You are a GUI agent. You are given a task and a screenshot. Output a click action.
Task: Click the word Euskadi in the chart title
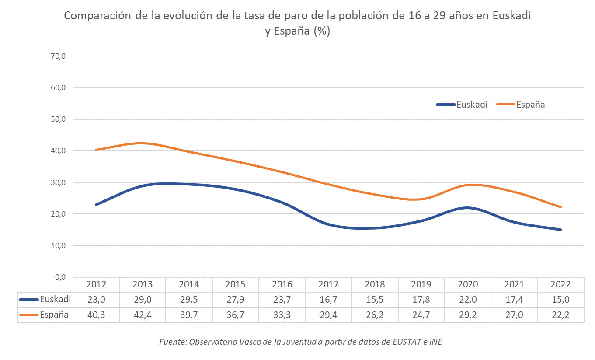(x=511, y=16)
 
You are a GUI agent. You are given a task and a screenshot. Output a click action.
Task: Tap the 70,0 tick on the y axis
(x=58, y=56)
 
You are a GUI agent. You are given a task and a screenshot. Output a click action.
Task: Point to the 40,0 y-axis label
(x=58, y=151)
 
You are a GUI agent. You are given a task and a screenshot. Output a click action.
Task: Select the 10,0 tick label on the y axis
(x=58, y=246)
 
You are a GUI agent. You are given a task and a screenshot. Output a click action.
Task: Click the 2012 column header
(x=96, y=284)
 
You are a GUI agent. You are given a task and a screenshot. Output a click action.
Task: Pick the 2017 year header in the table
(x=328, y=284)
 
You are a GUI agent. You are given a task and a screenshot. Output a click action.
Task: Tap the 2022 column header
(x=560, y=284)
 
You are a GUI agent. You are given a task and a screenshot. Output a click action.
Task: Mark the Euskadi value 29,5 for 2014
(x=189, y=300)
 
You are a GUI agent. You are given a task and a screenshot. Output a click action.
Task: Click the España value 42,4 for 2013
(x=143, y=315)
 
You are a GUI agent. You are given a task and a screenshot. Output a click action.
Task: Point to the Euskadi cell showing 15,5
(x=375, y=300)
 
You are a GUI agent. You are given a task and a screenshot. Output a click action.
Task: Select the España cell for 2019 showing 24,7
(x=421, y=315)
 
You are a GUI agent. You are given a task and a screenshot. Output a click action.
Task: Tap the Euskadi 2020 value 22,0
(x=468, y=300)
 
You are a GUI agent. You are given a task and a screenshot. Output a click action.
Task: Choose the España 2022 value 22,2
(x=560, y=315)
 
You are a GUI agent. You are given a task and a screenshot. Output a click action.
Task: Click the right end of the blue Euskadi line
(x=560, y=230)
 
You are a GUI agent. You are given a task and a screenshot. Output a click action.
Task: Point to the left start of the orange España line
(x=96, y=150)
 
